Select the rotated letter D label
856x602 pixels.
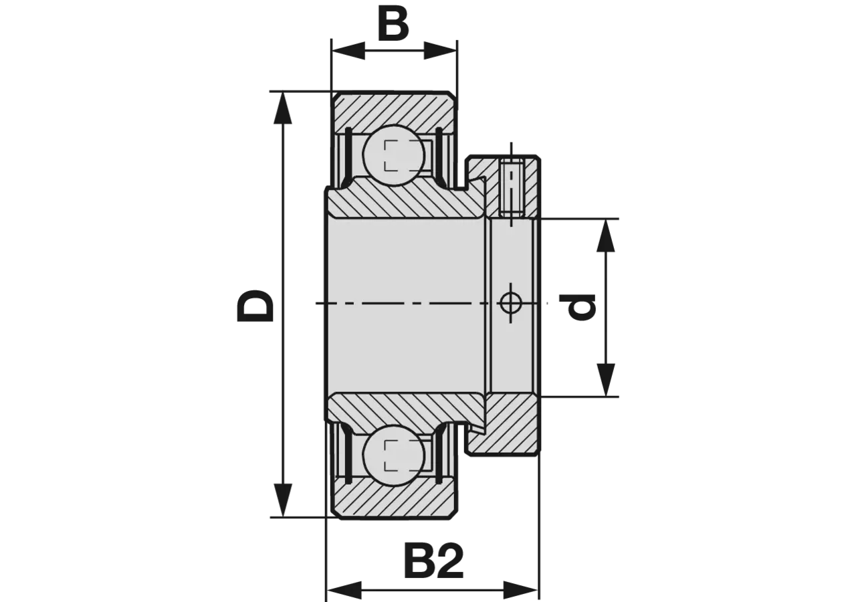[255, 306]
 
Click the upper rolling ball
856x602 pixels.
[393, 155]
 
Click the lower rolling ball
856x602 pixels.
[393, 456]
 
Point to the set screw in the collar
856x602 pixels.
[512, 190]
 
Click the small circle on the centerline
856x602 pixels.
[512, 303]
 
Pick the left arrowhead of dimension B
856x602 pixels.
[348, 51]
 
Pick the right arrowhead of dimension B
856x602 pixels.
[441, 51]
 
